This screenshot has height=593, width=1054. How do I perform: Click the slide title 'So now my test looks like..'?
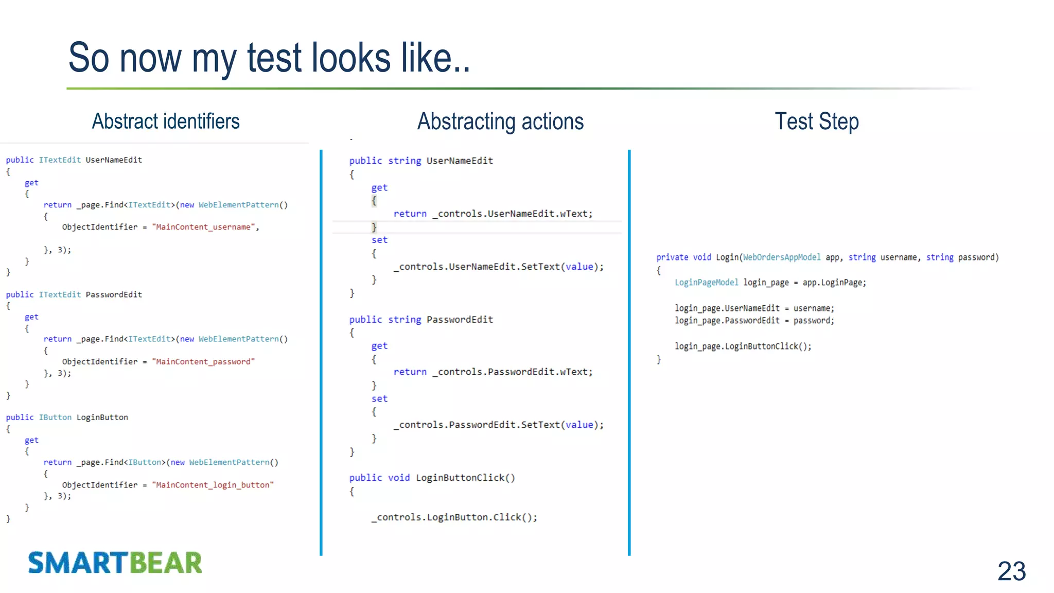(269, 58)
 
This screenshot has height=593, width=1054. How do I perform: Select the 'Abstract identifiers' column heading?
(166, 121)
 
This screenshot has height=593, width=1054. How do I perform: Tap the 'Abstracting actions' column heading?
(500, 122)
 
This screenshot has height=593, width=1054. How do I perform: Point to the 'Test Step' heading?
(817, 122)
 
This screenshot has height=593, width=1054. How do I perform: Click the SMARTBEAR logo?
(115, 563)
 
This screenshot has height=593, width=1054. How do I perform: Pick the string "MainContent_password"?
(204, 362)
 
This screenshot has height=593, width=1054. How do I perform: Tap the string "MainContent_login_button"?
(213, 485)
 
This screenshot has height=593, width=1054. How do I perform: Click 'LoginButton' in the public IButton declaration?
(102, 417)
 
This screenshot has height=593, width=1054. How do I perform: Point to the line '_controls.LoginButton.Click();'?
(454, 517)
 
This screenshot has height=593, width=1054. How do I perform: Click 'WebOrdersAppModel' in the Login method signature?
(782, 257)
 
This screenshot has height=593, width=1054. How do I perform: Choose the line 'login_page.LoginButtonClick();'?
(743, 346)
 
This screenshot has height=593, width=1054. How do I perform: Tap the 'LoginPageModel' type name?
(707, 283)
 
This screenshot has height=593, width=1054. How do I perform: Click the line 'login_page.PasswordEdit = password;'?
(754, 321)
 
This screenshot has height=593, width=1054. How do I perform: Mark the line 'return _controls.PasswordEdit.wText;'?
(493, 372)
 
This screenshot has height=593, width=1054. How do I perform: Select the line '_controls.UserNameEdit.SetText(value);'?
(499, 267)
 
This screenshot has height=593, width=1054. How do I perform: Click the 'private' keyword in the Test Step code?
(672, 257)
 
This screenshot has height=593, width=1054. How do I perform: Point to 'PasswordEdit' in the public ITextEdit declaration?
(114, 295)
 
